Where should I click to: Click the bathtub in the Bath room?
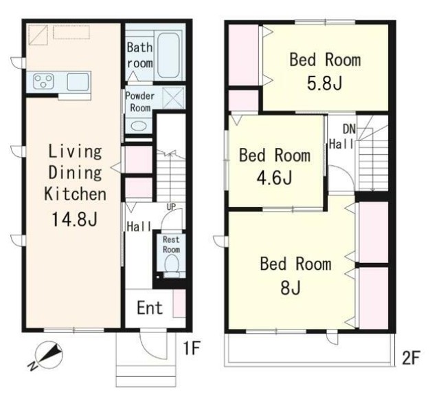168,56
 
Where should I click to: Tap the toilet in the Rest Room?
172,266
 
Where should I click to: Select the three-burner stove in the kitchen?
43,81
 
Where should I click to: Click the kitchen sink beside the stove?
78,82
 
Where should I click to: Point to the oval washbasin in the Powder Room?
139,126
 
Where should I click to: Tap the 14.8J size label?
75,219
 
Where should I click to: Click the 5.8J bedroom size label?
324,83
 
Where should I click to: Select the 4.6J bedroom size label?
274,178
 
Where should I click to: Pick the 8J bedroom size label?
291,287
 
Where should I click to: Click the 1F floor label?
192,348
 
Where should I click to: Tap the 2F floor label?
411,358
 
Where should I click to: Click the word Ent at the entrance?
150,308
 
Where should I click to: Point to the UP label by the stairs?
171,207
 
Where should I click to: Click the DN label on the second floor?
349,129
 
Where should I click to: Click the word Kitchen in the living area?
75,194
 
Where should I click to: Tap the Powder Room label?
139,102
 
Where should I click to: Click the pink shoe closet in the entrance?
179,303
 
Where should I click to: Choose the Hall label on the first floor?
139,226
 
